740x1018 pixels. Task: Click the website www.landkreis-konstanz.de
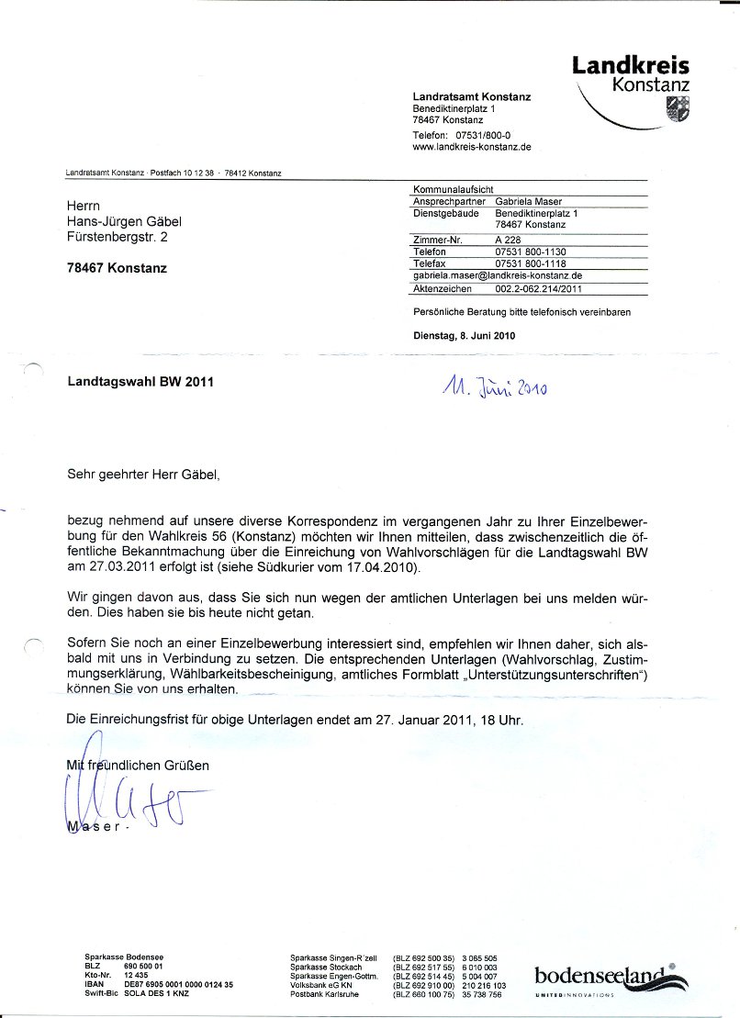click(x=471, y=147)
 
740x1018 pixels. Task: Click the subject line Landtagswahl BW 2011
click(x=140, y=381)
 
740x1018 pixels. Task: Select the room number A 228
click(x=506, y=240)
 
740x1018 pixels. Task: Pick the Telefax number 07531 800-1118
click(x=531, y=263)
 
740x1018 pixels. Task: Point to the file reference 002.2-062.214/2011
click(x=539, y=288)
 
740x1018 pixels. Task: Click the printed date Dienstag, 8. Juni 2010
click(x=465, y=336)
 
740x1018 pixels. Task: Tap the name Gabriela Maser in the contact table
click(x=528, y=201)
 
